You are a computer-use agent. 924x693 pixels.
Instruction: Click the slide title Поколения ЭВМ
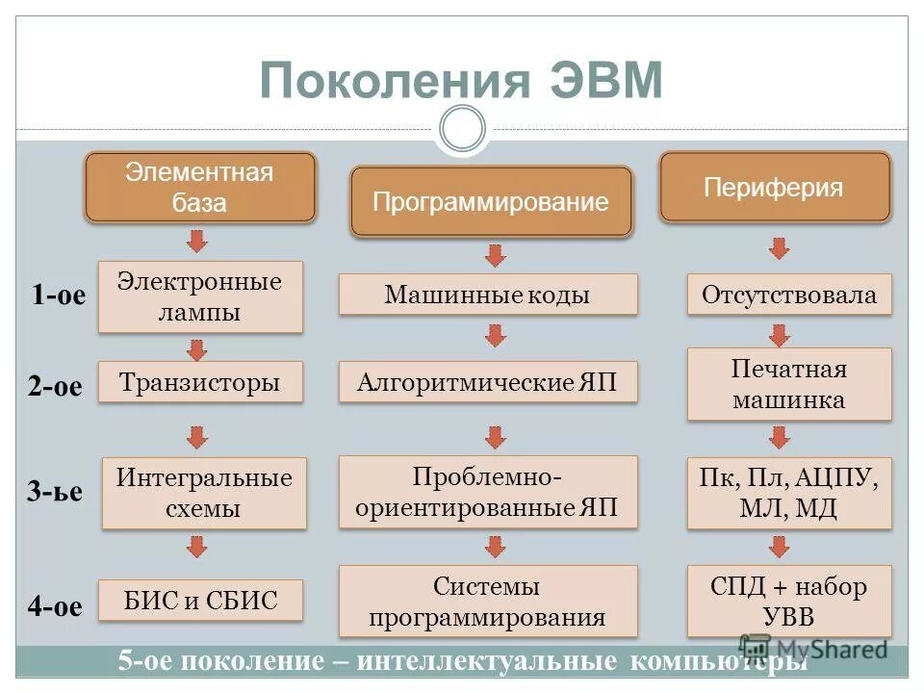461,80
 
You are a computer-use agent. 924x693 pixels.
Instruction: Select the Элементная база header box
200,188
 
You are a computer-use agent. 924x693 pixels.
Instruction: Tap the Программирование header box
491,202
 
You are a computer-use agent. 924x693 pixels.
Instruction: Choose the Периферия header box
774,188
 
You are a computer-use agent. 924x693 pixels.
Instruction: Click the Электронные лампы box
200,296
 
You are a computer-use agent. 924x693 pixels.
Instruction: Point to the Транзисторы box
200,382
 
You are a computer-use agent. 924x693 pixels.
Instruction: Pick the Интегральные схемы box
204,493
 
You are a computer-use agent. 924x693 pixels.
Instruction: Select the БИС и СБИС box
200,601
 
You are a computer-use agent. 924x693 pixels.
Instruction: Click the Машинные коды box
488,295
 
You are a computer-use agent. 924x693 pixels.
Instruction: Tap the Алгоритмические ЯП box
488,382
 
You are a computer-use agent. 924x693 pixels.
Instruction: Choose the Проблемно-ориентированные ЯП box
488,492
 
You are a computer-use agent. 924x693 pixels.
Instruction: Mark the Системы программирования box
488,601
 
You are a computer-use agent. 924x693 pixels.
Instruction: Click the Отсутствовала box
789,295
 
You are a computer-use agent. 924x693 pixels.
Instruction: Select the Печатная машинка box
789,383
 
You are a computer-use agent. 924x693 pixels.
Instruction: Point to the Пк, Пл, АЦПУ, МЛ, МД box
789,493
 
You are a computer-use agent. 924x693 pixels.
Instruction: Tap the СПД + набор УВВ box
789,601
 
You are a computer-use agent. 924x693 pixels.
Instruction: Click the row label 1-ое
58,295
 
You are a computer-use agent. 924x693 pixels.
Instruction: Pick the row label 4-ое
55,606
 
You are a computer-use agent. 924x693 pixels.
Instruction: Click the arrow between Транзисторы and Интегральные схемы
197,437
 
